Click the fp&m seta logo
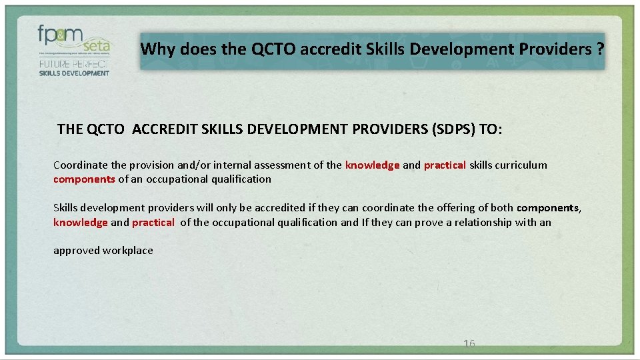pos(73,40)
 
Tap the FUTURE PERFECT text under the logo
pos(73,64)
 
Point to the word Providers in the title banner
pos(551,49)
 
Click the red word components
pos(84,179)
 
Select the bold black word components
pos(547,208)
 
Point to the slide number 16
pos(469,344)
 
